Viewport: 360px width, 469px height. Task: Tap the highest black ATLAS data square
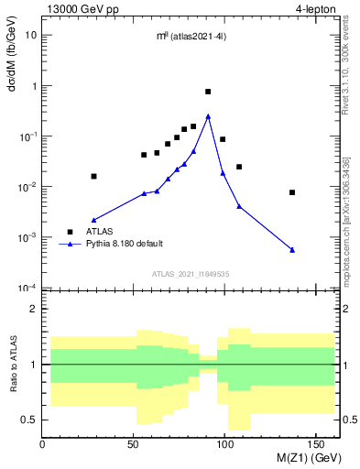(x=208, y=92)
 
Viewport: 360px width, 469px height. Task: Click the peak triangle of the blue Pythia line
(x=208, y=116)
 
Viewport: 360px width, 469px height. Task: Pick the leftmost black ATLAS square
(x=93, y=176)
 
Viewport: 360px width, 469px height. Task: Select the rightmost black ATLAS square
(x=292, y=192)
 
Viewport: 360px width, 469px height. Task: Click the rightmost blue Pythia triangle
(x=292, y=250)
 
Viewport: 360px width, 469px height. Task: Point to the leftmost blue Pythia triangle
(x=93, y=220)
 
